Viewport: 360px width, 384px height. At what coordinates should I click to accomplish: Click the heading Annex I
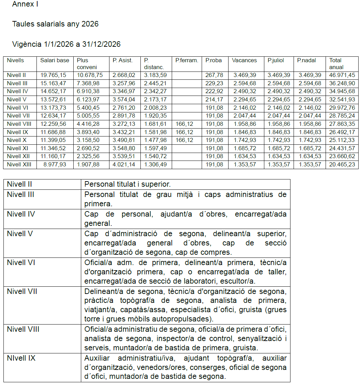click(x=25, y=4)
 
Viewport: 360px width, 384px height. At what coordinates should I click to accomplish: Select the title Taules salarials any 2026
click(x=55, y=24)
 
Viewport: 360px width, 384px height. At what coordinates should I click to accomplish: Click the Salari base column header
click(x=54, y=61)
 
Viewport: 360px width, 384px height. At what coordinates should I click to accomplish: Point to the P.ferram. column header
click(x=187, y=61)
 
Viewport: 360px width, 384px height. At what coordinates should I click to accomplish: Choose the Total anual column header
click(x=336, y=64)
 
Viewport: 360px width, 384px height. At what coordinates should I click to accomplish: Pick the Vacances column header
click(x=244, y=61)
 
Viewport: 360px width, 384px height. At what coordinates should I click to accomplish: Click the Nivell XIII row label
click(x=19, y=165)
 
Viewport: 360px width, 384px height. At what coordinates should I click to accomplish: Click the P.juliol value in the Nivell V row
click(x=278, y=100)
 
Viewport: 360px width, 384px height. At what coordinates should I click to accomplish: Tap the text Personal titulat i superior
click(x=128, y=184)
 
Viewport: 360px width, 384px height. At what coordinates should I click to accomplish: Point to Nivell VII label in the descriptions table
click(x=22, y=292)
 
